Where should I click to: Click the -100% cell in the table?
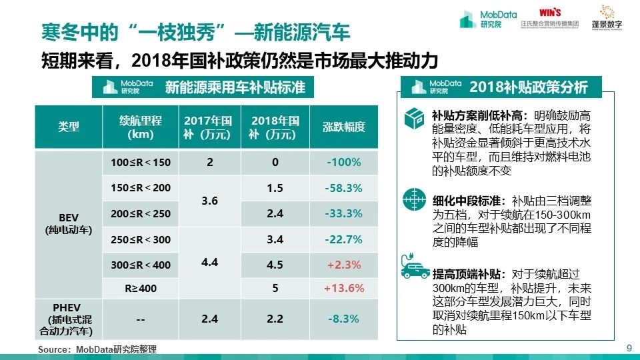343,163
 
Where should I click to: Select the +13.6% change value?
343,289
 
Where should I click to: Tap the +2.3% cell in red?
343,265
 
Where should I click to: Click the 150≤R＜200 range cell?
141,189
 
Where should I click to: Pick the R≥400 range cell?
141,289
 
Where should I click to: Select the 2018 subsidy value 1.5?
275,189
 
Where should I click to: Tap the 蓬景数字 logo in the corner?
606,19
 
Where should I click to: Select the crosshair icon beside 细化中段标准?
414,200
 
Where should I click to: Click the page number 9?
629,347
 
